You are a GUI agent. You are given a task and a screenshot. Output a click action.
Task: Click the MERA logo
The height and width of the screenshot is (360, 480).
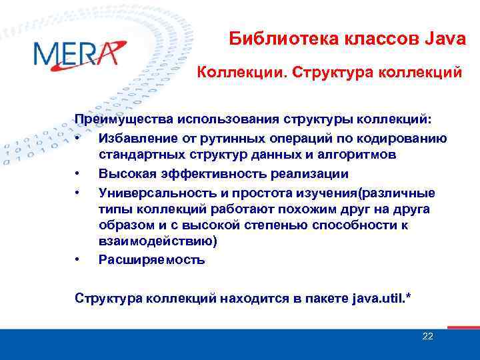(x=78, y=53)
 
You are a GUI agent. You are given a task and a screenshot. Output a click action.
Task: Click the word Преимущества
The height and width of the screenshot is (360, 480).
(x=123, y=120)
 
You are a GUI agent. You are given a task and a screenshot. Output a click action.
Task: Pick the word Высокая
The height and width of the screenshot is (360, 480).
(x=124, y=174)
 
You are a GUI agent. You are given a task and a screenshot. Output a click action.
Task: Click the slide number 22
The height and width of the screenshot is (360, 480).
(x=427, y=336)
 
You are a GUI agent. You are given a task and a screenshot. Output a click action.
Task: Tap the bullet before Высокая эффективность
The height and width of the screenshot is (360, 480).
(x=78, y=174)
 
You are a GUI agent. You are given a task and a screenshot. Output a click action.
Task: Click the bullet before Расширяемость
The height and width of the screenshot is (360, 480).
(x=78, y=260)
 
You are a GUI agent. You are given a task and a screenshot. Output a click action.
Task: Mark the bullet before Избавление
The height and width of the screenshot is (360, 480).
(x=78, y=138)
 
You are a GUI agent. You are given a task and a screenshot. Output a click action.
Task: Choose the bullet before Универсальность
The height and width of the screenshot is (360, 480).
(x=78, y=193)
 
